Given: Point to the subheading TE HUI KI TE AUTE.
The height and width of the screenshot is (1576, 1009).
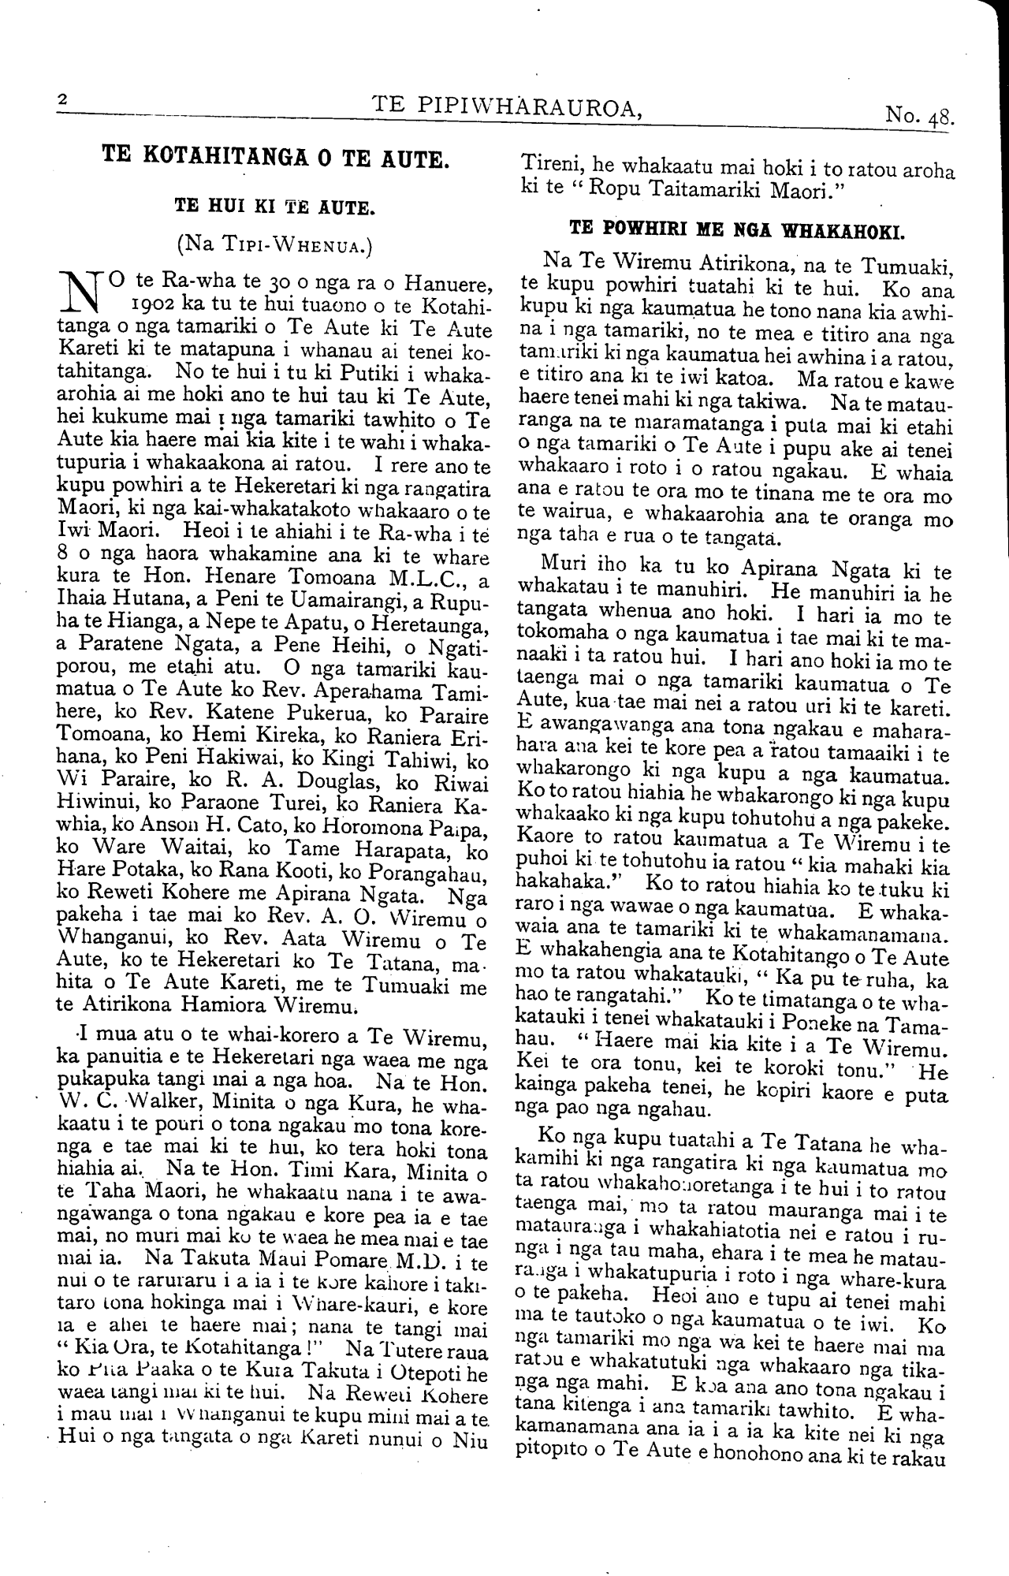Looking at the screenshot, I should pyautogui.click(x=274, y=208).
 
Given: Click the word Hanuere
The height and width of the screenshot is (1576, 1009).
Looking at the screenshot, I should pyautogui.click(x=452, y=281).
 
